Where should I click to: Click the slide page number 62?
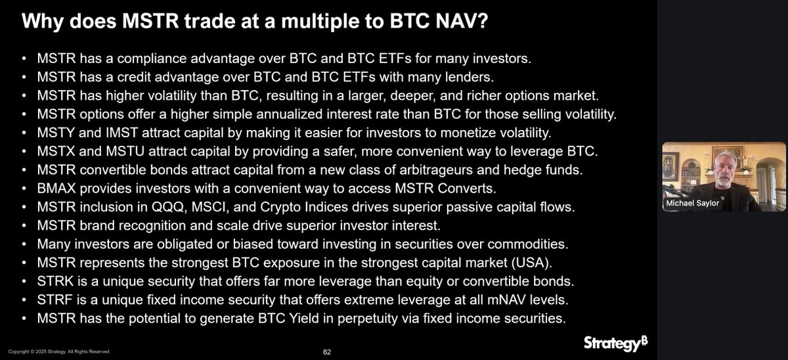(x=326, y=351)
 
